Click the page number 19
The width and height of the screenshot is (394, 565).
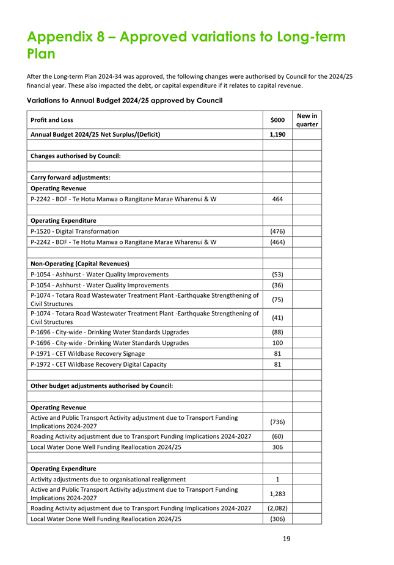click(286, 539)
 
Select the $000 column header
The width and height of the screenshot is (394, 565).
click(277, 120)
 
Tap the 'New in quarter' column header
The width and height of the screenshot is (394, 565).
click(307, 120)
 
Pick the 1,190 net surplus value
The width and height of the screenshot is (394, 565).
click(277, 134)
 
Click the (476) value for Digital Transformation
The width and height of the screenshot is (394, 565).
click(277, 231)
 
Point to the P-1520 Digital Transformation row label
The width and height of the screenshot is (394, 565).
click(75, 231)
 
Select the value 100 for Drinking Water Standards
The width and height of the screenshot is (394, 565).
click(277, 343)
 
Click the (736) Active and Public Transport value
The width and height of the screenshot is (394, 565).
click(277, 422)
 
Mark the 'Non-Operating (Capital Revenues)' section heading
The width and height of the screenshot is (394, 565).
click(79, 264)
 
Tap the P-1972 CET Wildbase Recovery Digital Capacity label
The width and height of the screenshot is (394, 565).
click(98, 364)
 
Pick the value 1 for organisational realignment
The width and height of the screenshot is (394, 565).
click(277, 479)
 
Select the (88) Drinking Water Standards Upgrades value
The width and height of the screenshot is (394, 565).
click(277, 332)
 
